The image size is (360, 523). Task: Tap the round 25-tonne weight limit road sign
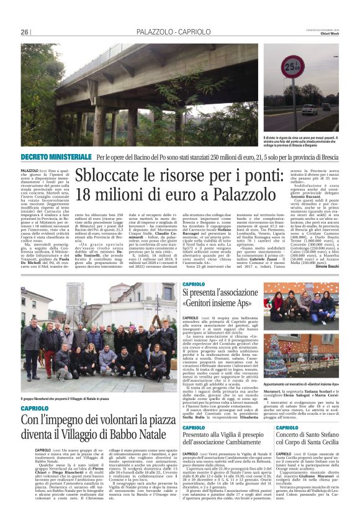pyautogui.click(x=290, y=65)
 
